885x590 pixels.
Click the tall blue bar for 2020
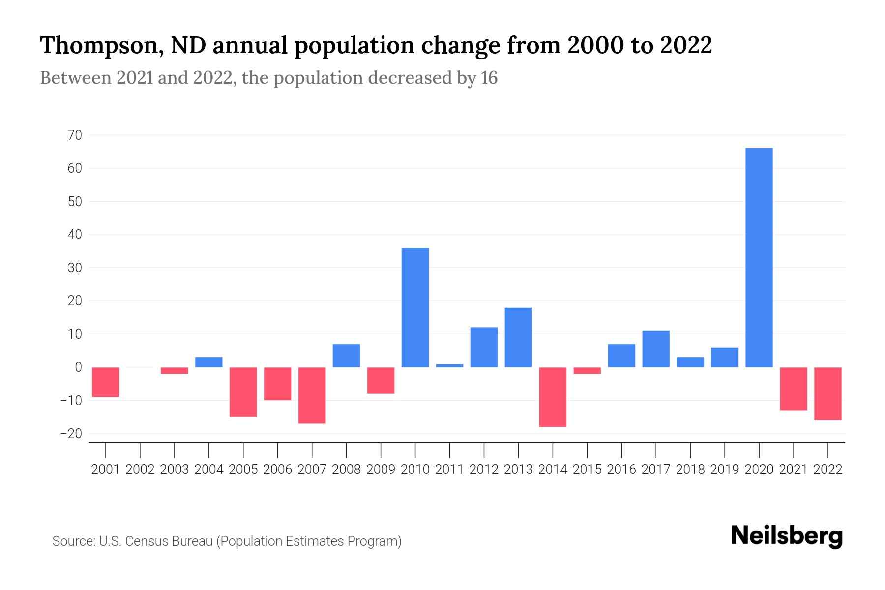point(759,258)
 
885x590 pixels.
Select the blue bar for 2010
point(415,307)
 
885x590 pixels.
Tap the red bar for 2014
point(553,397)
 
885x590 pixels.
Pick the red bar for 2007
point(312,395)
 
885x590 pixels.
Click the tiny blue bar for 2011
point(449,365)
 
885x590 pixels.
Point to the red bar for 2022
point(828,393)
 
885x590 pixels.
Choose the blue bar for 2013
point(518,337)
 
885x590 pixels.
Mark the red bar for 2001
point(106,382)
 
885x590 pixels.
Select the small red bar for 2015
point(587,370)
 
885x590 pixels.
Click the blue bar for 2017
point(656,349)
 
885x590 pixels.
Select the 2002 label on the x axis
point(140,470)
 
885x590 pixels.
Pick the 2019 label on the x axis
point(725,470)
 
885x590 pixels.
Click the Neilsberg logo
point(787,536)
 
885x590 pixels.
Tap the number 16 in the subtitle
point(489,78)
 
